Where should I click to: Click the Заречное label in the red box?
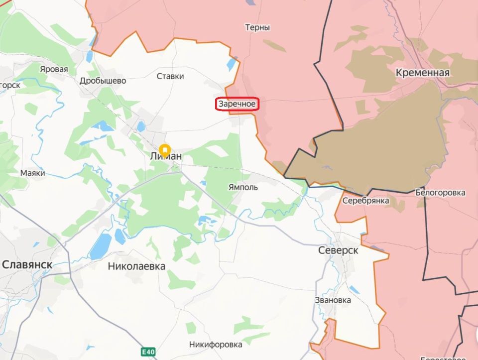pos(237,105)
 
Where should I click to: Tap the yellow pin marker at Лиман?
pos(165,149)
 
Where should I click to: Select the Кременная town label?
pos(422,73)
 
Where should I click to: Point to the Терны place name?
pos(257,28)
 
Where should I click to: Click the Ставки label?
pos(170,76)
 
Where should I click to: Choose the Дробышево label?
pos(103,81)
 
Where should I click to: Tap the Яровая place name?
pos(54,69)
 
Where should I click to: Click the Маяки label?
pos(33,173)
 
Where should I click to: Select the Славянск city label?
pos(27,264)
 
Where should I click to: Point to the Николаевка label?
pos(136,266)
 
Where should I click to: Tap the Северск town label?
pos(338,250)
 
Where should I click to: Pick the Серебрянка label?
pos(365,200)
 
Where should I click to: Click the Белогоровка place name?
pos(440,192)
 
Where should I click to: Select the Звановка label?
pos(333,300)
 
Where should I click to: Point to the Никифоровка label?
pos(216,344)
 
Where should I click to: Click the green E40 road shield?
pos(147,352)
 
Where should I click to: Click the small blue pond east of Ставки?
pos(232,64)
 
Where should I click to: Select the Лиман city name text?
pos(166,157)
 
